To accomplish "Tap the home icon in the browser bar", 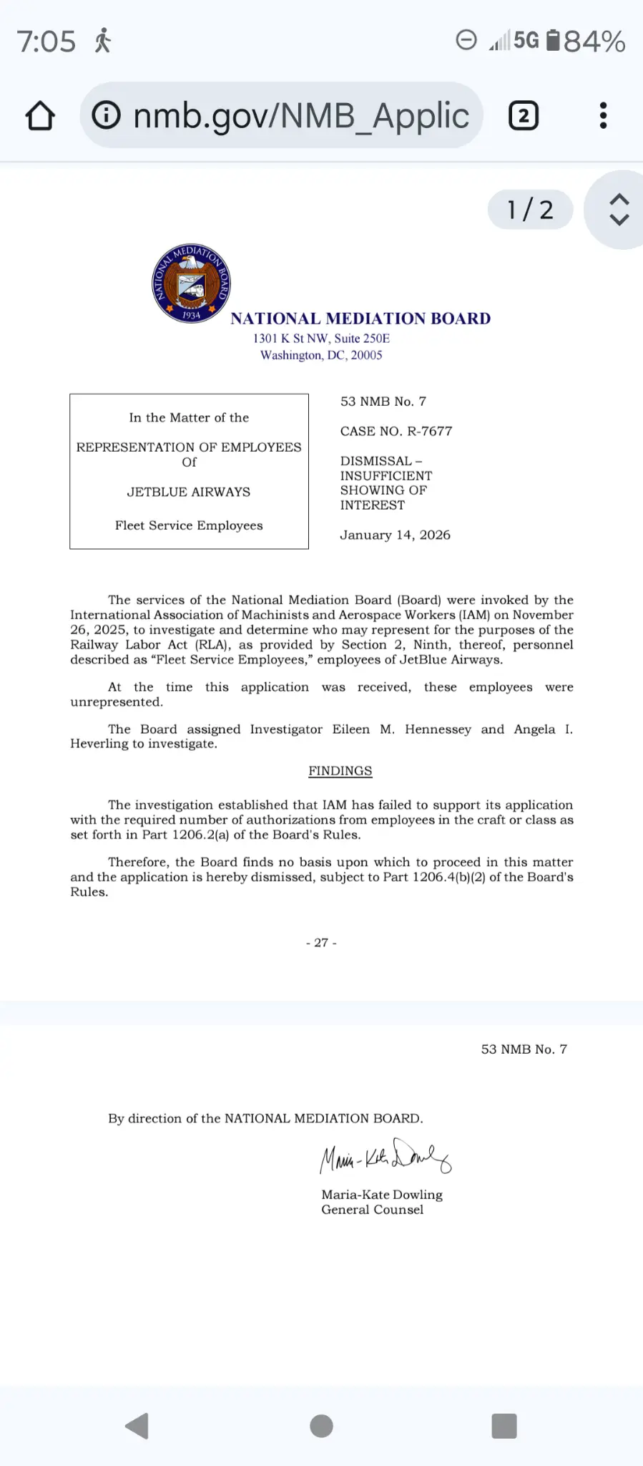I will click(x=41, y=116).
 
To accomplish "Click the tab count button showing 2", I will click(x=523, y=116).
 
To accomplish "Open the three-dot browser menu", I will click(x=603, y=116).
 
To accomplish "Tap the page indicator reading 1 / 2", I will click(x=530, y=210).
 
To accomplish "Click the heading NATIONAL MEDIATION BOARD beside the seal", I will click(x=360, y=319).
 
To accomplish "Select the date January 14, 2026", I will click(x=395, y=535).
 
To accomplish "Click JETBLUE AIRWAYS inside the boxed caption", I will click(x=189, y=492).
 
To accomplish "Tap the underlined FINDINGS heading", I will click(x=340, y=771).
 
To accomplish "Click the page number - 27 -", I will click(x=321, y=943).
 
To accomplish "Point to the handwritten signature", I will click(x=385, y=1156).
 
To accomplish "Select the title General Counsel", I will click(x=372, y=1210).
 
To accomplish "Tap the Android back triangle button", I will click(x=137, y=1426).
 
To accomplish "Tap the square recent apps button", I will click(x=504, y=1426).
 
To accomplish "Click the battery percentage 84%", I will click(x=594, y=42).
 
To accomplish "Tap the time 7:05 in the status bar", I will click(x=46, y=42).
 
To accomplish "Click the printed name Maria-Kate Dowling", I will click(x=382, y=1195).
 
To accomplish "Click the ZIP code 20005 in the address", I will click(x=366, y=355).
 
